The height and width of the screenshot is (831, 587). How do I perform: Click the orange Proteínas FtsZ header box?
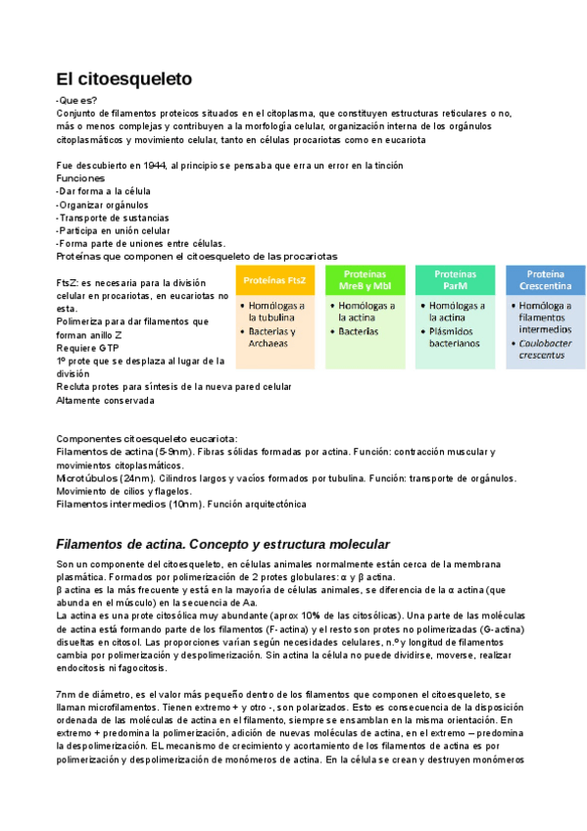[x=274, y=280]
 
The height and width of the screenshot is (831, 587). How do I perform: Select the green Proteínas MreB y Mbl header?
[x=366, y=279]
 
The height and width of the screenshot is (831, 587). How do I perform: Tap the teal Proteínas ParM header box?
[x=455, y=279]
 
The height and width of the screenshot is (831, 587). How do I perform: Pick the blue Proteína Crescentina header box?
[x=545, y=279]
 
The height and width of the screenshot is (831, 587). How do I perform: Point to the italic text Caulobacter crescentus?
[x=541, y=349]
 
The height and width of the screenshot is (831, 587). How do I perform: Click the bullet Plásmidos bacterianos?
[x=457, y=337]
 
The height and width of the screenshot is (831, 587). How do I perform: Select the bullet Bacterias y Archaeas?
[x=275, y=337]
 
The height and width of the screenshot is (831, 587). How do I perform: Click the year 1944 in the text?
[x=152, y=166]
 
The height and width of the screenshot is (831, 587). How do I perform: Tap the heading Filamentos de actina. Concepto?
[x=223, y=544]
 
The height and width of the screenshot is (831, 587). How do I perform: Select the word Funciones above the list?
[x=80, y=179]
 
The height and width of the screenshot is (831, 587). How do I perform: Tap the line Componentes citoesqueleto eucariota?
[x=147, y=439]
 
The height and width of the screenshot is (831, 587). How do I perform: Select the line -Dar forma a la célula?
[x=104, y=192]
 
